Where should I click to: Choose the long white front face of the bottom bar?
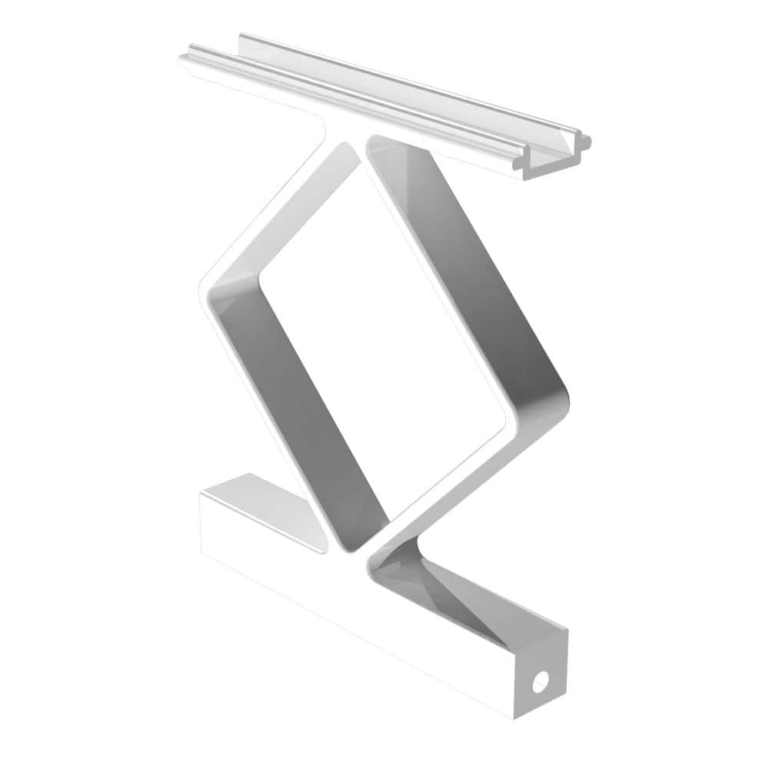point(346,615)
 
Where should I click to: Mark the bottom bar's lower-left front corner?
point(203,550)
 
